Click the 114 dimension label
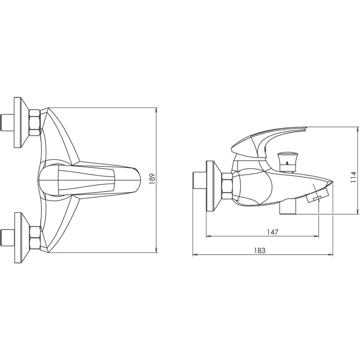353,177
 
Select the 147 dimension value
272,232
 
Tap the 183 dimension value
260,251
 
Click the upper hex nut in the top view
35,122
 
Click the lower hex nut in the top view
36,238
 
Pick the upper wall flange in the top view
21,122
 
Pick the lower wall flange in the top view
22,238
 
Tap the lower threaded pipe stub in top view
7,238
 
